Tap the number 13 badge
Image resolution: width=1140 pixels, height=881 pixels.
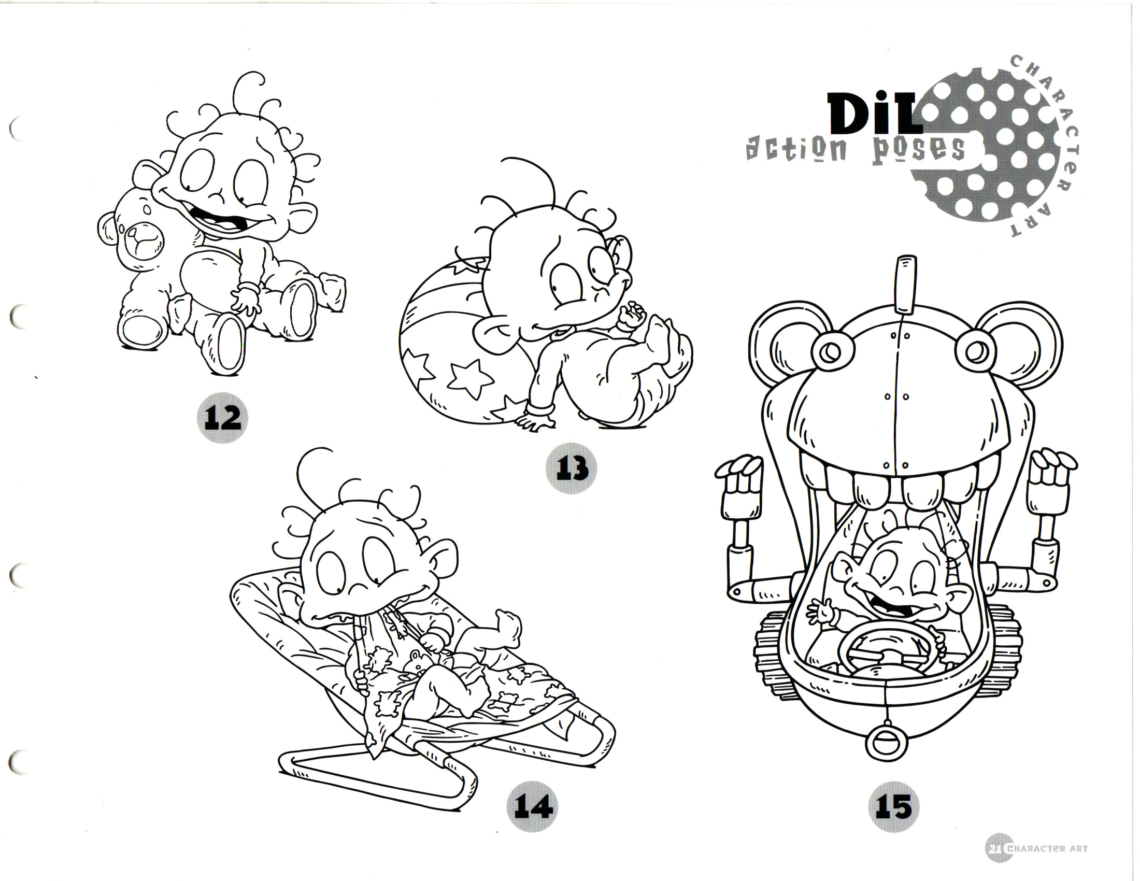click(571, 468)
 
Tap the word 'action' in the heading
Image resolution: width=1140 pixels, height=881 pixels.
click(796, 149)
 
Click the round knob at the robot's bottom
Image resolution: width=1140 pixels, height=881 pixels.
click(886, 742)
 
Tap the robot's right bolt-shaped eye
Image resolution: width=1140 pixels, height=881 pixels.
click(974, 352)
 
